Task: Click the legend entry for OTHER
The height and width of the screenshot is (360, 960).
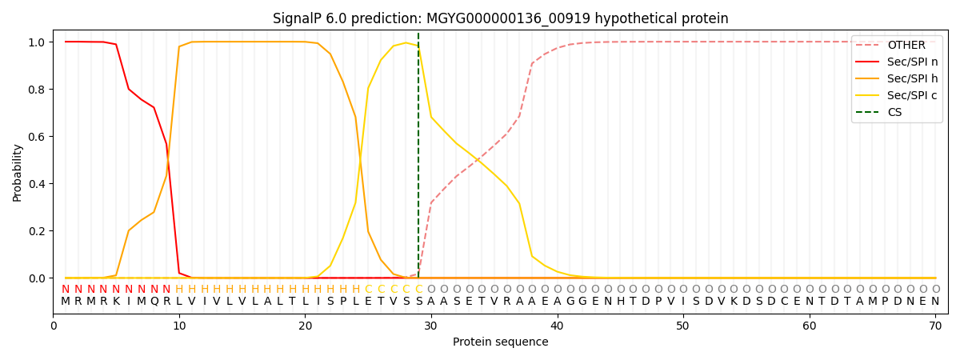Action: [897, 45]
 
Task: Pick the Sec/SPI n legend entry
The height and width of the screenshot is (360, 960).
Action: [897, 62]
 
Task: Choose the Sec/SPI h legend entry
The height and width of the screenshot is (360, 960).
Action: [897, 78]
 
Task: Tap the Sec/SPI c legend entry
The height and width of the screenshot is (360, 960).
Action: [897, 95]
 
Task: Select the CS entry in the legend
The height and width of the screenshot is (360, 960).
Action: [880, 112]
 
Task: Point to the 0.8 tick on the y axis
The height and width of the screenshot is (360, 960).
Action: [37, 90]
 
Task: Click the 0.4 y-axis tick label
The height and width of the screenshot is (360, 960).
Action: [37, 184]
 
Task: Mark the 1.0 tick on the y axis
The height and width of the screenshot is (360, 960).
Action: [37, 42]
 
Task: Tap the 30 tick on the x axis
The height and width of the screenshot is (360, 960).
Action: [430, 326]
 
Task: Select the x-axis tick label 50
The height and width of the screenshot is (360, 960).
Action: [682, 326]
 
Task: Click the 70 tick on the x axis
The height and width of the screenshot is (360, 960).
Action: [935, 326]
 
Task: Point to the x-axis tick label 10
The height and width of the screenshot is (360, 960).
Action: [179, 326]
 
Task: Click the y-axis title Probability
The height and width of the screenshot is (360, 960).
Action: [17, 173]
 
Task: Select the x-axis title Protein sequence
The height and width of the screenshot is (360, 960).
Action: [500, 342]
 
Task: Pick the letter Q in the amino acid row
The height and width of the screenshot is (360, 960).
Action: [154, 302]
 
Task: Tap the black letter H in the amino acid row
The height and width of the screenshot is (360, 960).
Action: [620, 302]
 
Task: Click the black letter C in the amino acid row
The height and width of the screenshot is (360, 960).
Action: [784, 302]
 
